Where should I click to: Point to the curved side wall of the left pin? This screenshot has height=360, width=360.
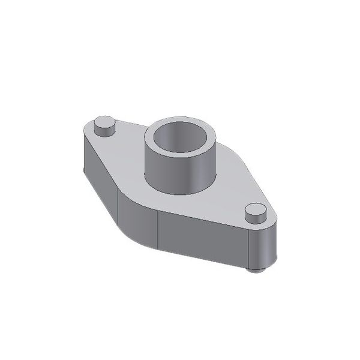pos(103,130)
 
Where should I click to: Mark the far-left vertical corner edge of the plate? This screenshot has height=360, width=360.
pos(83,153)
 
